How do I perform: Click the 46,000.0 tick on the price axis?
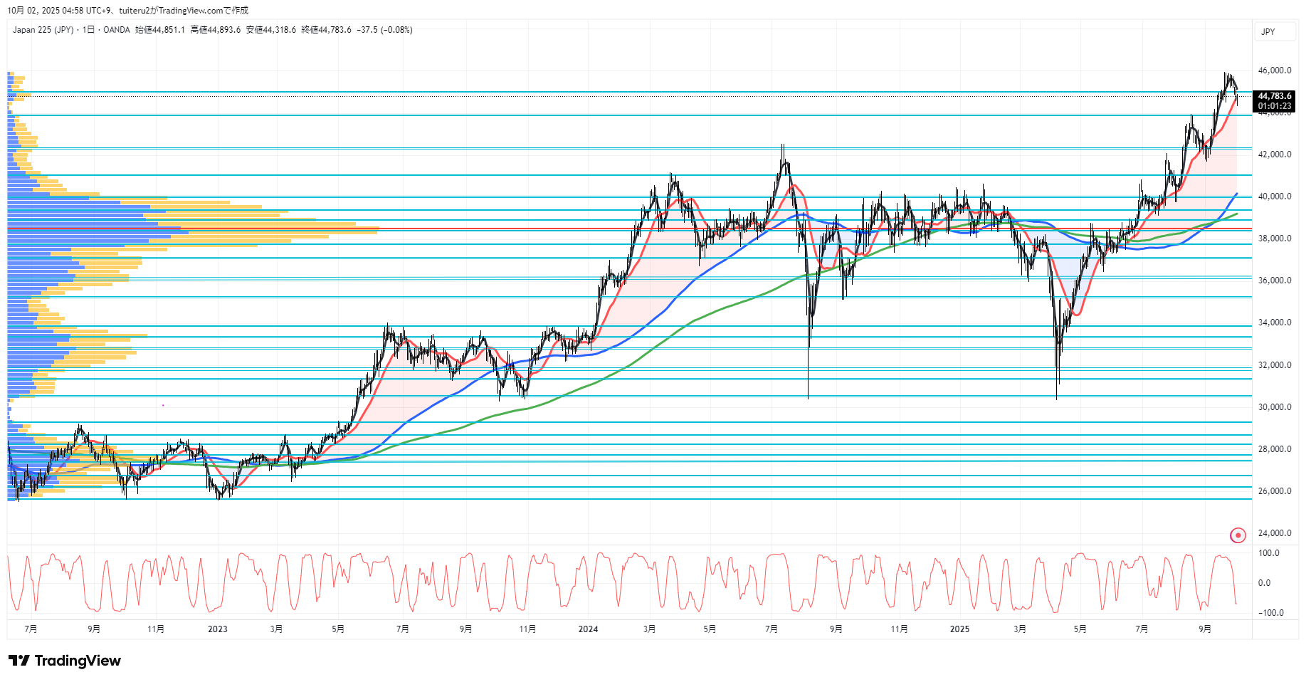click(x=1274, y=70)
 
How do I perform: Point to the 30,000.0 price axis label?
click(x=1274, y=407)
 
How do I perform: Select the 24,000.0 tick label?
click(x=1274, y=533)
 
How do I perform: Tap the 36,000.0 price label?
click(x=1274, y=280)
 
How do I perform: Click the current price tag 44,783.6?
click(x=1274, y=96)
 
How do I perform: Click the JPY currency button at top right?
click(x=1268, y=32)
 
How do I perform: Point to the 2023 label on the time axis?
click(x=218, y=629)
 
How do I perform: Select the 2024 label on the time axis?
click(x=588, y=629)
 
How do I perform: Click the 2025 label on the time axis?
click(x=959, y=629)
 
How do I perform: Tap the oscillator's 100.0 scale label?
click(x=1269, y=553)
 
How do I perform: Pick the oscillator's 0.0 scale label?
click(x=1264, y=583)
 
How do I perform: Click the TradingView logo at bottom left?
click(x=65, y=661)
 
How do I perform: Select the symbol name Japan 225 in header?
click(x=33, y=30)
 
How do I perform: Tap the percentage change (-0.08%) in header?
click(x=396, y=30)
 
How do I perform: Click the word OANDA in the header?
click(x=117, y=30)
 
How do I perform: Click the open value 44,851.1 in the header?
click(x=169, y=30)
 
